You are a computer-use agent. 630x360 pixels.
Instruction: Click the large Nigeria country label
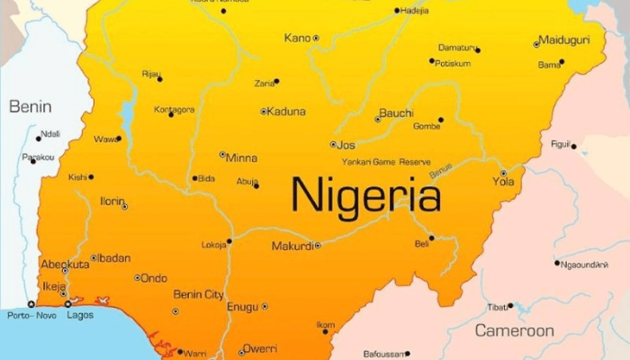coord(365,194)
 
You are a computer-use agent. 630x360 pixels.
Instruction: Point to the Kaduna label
coord(287,112)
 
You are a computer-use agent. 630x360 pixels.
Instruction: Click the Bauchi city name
coord(396,113)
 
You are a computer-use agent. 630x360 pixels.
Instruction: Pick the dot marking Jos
coord(333,144)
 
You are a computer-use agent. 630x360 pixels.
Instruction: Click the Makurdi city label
coord(292,246)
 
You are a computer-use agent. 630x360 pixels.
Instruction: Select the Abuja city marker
coord(256,185)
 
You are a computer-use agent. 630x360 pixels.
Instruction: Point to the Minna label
coord(241,157)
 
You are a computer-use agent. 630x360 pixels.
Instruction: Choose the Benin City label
coord(198,295)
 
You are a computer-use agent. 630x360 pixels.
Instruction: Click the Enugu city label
coord(242,307)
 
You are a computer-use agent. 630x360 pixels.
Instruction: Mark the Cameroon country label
coord(515,331)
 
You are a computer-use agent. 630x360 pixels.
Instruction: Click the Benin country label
coord(30,106)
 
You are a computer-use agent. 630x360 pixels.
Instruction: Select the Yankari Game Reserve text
coord(386,162)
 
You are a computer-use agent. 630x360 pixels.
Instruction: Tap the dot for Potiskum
coord(432,60)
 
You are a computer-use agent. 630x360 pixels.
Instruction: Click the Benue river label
coord(441,170)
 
